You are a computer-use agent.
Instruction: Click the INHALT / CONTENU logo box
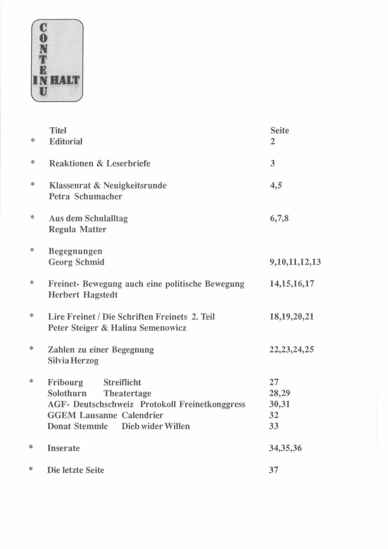coord(57,60)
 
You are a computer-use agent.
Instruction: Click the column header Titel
coord(58,130)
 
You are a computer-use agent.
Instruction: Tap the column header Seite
coord(280,130)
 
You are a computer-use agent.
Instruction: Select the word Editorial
coord(66,141)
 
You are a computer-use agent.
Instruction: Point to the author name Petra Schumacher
coord(85,196)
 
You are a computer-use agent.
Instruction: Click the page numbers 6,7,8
coord(279,218)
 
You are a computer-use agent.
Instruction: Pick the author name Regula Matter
coord(77,229)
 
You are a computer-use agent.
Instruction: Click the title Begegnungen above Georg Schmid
coord(75,251)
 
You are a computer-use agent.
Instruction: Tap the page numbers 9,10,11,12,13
coord(295,262)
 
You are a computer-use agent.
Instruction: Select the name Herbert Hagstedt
coord(83,295)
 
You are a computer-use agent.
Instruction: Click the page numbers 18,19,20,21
coord(291,317)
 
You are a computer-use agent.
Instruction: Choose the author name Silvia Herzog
coord(73,361)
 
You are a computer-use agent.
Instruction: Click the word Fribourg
coord(65,382)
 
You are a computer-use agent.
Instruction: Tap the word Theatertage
coord(127,393)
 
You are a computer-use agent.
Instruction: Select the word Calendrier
coord(142,415)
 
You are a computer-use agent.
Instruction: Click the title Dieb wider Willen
coord(156,426)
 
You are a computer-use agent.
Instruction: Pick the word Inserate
coord(63,448)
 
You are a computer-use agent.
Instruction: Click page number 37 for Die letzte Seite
coord(274,470)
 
